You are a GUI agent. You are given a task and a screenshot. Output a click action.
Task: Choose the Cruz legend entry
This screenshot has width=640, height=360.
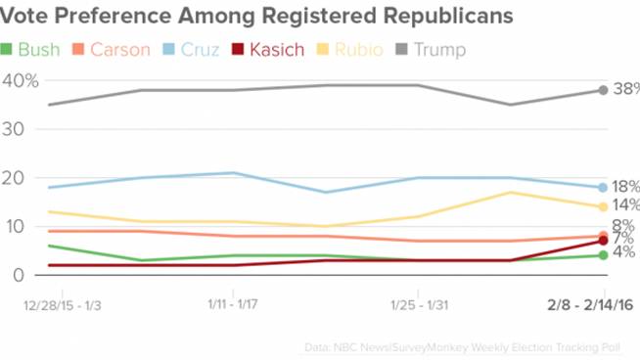coord(190,49)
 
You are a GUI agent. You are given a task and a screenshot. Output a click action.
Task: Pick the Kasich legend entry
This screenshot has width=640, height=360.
coord(266,49)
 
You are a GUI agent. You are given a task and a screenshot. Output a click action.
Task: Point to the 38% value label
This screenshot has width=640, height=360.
coord(625,89)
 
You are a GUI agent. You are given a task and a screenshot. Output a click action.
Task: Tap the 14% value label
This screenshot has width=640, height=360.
coord(625,205)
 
